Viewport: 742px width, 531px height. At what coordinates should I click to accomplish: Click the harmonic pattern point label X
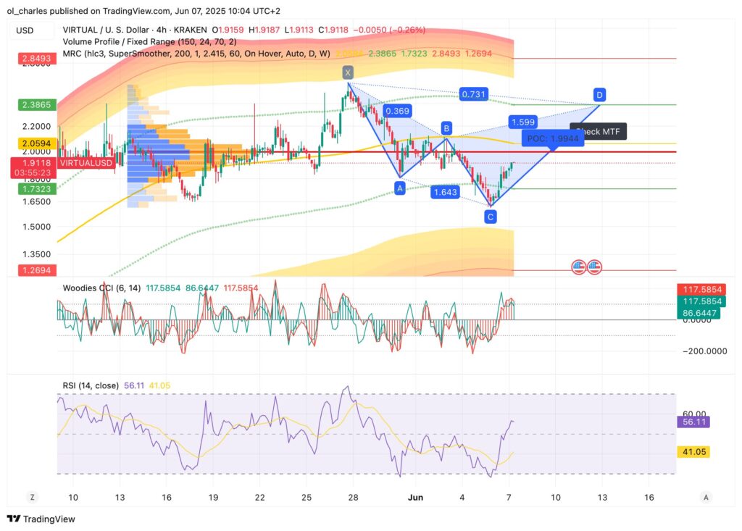click(x=349, y=72)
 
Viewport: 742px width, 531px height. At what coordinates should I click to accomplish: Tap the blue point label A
click(x=399, y=187)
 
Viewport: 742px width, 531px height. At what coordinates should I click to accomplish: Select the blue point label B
click(x=447, y=129)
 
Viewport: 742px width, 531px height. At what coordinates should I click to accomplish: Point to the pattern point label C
click(x=491, y=217)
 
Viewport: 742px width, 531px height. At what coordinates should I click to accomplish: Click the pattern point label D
click(x=599, y=94)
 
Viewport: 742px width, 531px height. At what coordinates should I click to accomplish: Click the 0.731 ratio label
click(x=474, y=94)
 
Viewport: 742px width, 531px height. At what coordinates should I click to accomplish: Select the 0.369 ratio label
click(x=398, y=111)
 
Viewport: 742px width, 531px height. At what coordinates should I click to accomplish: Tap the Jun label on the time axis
click(x=415, y=498)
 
